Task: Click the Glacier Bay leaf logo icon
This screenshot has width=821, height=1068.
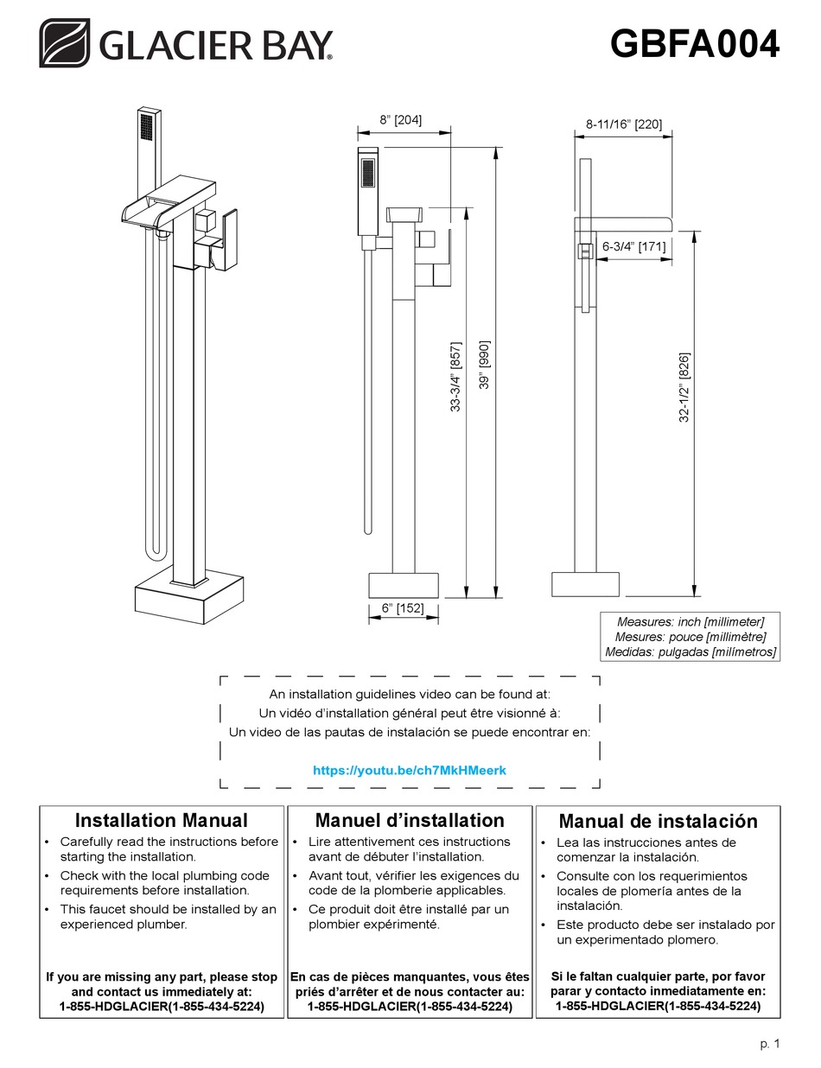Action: [64, 43]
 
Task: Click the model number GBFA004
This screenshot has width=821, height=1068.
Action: [694, 43]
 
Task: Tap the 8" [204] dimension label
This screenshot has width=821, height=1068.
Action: [400, 120]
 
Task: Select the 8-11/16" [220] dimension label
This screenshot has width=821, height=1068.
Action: [624, 124]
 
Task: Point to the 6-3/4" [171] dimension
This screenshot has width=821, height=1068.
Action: [633, 246]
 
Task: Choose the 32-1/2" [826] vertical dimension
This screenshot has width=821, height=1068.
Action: [684, 386]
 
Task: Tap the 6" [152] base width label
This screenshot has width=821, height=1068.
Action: [402, 608]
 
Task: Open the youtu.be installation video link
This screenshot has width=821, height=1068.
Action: [409, 769]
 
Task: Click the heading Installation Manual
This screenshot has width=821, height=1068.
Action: [161, 820]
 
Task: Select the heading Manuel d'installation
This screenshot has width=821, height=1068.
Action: [409, 820]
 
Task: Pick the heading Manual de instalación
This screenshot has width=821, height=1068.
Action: [658, 821]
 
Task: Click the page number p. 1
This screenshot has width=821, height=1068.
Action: [769, 1044]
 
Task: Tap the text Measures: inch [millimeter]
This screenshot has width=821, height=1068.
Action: [690, 621]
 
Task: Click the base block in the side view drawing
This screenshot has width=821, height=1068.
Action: [586, 583]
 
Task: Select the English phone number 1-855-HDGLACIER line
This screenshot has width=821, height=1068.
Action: [162, 1007]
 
